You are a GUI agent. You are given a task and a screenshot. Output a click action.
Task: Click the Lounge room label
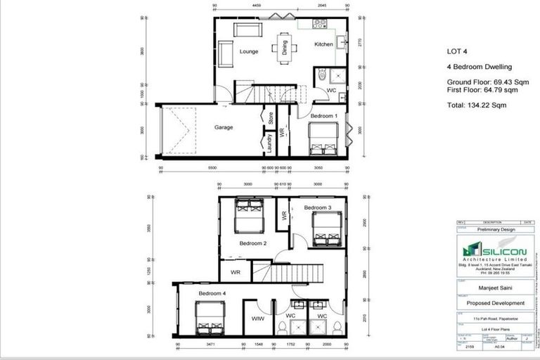248,51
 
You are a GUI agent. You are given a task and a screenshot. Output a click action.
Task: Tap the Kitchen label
323,45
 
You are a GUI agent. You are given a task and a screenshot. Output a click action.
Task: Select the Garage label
224,127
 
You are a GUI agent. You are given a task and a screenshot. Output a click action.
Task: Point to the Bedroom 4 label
212,292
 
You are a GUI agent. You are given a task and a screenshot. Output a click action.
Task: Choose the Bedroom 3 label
318,208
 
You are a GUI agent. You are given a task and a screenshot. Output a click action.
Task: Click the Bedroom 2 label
253,243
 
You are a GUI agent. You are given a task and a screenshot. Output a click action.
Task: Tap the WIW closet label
258,319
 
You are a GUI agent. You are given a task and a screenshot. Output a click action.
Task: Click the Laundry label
269,144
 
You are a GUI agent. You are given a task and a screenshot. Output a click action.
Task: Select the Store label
269,117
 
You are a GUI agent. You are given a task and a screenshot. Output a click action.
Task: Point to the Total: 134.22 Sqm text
477,105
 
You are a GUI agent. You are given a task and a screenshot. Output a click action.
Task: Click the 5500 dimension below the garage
212,169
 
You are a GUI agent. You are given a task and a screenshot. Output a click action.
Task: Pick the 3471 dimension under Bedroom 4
209,345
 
